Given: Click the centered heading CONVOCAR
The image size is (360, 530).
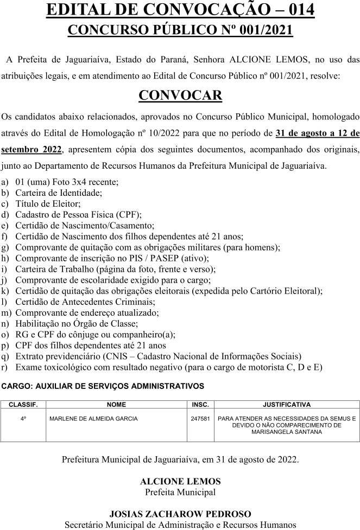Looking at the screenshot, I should click(180, 95).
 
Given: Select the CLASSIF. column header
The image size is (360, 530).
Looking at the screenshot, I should click(23, 405).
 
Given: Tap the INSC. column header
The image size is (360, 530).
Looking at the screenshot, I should click(200, 405).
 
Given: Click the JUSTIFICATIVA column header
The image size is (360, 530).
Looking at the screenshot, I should click(287, 405).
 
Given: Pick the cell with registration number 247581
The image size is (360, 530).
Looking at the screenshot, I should click(200, 419).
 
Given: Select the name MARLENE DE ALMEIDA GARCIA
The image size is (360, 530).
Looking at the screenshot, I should click(93, 419).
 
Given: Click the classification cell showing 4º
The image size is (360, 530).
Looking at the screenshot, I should click(23, 419).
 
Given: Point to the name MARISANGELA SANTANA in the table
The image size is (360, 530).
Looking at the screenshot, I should click(287, 432).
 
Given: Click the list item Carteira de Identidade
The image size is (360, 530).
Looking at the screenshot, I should click(59, 192).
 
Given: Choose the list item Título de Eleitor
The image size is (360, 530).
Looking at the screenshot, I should click(48, 203).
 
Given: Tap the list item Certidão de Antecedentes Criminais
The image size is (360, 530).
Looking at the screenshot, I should click(85, 301).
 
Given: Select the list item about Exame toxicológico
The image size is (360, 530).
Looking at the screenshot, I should click(168, 367).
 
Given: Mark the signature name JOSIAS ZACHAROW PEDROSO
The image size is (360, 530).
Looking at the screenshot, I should click(180, 514).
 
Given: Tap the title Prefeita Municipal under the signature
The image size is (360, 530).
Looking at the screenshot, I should click(180, 492).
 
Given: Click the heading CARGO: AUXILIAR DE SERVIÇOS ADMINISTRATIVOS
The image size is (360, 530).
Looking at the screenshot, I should click(103, 386).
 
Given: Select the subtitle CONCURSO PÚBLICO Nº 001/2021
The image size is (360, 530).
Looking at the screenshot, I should click(180, 30).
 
